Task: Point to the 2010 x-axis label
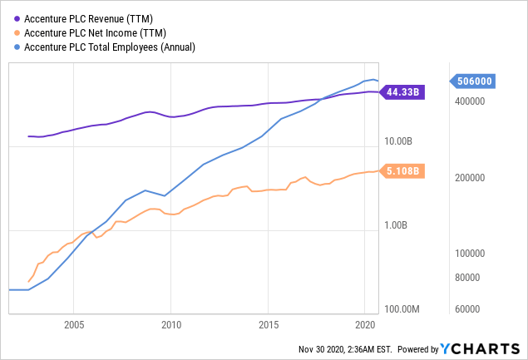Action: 170,324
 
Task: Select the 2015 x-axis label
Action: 268,324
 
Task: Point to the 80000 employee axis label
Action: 471,278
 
